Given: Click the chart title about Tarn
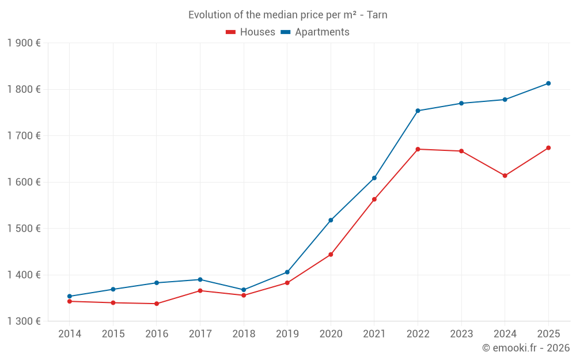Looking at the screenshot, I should tap(287, 15).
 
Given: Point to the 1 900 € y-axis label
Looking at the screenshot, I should tap(24, 43).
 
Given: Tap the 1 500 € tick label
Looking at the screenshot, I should tap(24, 229).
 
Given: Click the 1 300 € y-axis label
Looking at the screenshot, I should tap(24, 321).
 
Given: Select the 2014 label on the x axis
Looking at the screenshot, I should tap(70, 334).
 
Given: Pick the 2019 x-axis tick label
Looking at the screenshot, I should tap(287, 334).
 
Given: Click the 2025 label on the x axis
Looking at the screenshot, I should tap(548, 334).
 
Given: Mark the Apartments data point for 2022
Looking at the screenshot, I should tap(418, 111).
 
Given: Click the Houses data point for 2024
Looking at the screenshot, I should tap(505, 176).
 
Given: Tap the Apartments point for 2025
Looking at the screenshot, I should tap(548, 84).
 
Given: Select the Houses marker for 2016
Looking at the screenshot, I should tap(157, 304).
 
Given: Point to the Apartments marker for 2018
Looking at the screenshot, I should tap(244, 290).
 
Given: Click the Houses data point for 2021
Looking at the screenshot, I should tap(374, 199).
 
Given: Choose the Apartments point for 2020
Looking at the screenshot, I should tap(331, 220).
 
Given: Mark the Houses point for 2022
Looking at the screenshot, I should tap(418, 149).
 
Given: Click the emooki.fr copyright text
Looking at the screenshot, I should tap(525, 348).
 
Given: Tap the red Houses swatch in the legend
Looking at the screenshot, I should tap(230, 32).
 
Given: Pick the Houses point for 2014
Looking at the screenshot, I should tap(70, 301).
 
